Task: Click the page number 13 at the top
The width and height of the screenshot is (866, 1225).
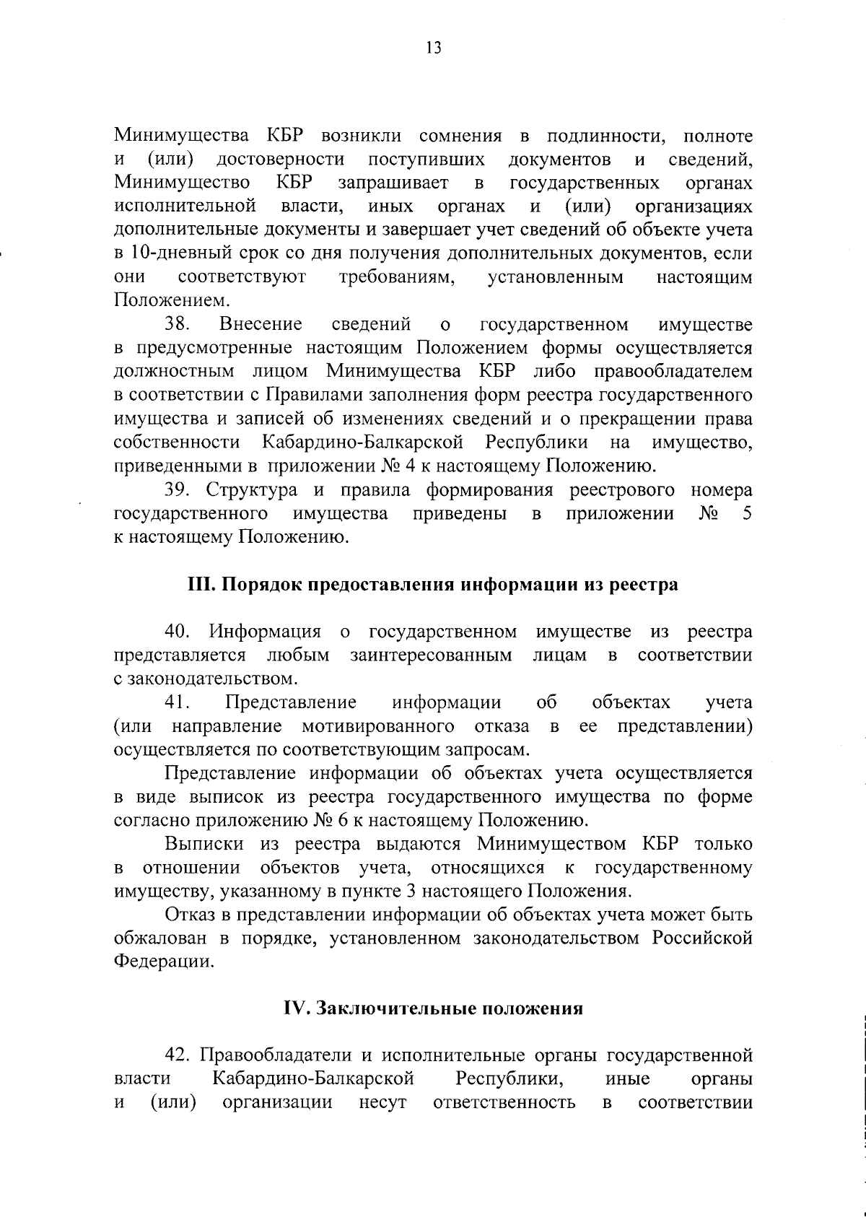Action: (433, 48)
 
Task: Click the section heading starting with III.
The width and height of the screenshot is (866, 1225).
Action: (433, 584)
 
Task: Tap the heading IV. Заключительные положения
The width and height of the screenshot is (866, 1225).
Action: (433, 1008)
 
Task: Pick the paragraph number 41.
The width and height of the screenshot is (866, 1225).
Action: (177, 702)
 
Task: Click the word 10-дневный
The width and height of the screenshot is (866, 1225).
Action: (170, 254)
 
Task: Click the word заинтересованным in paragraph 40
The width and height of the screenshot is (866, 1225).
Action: (432, 655)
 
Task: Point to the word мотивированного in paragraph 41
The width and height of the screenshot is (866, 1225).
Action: (378, 726)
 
